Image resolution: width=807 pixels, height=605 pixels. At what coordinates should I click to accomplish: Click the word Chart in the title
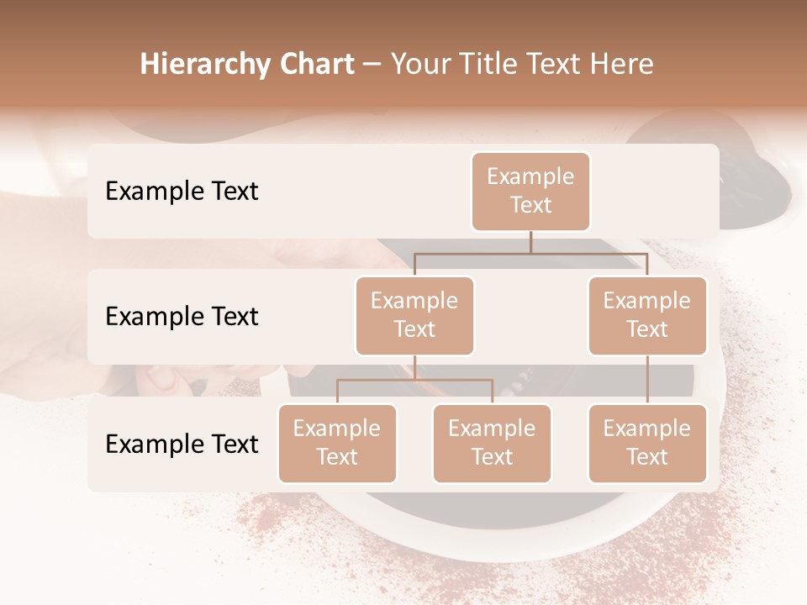(316, 65)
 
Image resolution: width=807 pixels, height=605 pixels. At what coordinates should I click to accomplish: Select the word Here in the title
(621, 65)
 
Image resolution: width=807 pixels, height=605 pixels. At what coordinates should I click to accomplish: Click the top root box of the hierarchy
(530, 191)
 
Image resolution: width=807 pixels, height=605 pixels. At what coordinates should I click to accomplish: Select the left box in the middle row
(414, 315)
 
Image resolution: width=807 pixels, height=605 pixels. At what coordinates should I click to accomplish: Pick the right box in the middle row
(647, 315)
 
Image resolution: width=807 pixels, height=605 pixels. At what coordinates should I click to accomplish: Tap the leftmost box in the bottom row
(337, 443)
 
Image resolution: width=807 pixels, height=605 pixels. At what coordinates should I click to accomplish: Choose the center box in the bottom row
(492, 443)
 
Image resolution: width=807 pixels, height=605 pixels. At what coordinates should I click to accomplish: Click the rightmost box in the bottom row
(647, 443)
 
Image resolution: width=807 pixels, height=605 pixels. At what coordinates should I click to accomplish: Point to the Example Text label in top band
(182, 191)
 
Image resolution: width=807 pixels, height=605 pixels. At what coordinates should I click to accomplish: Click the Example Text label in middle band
(182, 316)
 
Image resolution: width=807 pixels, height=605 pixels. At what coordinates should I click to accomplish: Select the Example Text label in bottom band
(182, 444)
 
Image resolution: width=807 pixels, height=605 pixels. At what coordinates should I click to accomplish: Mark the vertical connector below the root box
(530, 242)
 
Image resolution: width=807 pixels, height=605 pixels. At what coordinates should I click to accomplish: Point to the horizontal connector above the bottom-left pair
(414, 380)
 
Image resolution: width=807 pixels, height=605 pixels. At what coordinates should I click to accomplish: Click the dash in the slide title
(372, 65)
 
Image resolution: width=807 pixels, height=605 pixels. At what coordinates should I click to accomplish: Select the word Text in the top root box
(530, 205)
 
